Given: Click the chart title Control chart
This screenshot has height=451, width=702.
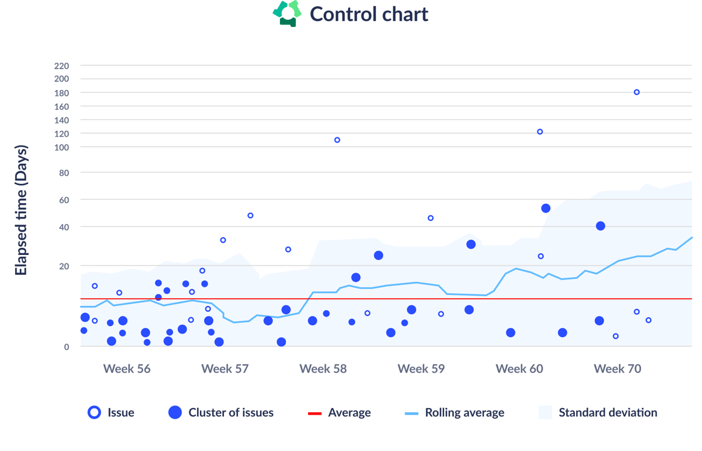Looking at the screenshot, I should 369,14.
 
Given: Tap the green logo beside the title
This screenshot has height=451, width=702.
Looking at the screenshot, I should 287,14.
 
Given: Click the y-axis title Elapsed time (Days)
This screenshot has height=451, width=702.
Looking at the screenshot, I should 21,210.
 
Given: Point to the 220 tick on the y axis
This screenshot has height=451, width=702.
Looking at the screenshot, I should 62,66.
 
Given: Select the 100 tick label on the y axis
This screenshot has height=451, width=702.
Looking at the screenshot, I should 62,147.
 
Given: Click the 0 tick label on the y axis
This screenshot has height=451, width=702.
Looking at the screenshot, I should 66,347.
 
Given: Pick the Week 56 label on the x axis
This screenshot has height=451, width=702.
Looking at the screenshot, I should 127,369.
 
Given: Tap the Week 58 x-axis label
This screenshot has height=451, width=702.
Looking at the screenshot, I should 323,369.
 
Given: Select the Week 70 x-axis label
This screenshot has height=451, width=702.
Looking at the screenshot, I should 617,369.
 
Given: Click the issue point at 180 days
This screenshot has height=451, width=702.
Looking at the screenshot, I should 637,92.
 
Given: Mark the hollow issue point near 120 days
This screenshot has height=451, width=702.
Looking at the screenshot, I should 540,132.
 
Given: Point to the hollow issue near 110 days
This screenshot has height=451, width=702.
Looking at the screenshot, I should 337,140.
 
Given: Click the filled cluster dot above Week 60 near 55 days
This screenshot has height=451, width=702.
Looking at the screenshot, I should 546,208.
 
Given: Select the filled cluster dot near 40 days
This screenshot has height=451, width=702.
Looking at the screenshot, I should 600,226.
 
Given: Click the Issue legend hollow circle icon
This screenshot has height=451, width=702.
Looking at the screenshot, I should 94,412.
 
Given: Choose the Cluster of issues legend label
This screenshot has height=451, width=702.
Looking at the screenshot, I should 230,413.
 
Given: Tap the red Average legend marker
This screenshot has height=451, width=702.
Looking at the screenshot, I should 315,413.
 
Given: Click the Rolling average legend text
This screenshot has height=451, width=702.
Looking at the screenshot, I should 464,413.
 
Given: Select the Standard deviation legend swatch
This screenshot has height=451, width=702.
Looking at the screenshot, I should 545,412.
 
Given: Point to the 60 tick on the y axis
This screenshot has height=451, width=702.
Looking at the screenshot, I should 63,200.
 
